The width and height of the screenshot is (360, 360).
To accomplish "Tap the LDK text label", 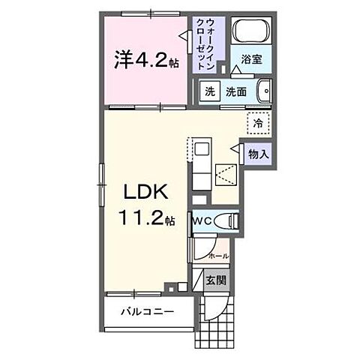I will tap(147, 192).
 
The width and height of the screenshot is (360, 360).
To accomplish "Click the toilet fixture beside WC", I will tap(228, 221).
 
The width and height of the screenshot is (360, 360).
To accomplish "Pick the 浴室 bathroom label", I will tap(250, 60).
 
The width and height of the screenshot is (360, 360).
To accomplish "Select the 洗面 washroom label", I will tap(236, 92).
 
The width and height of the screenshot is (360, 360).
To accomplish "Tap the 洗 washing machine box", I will tap(209, 92).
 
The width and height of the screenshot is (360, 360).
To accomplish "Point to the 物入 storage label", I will tap(258, 153).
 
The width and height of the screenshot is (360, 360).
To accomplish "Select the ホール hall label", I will tap(218, 256).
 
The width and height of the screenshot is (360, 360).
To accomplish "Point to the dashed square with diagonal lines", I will tap(226, 174).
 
